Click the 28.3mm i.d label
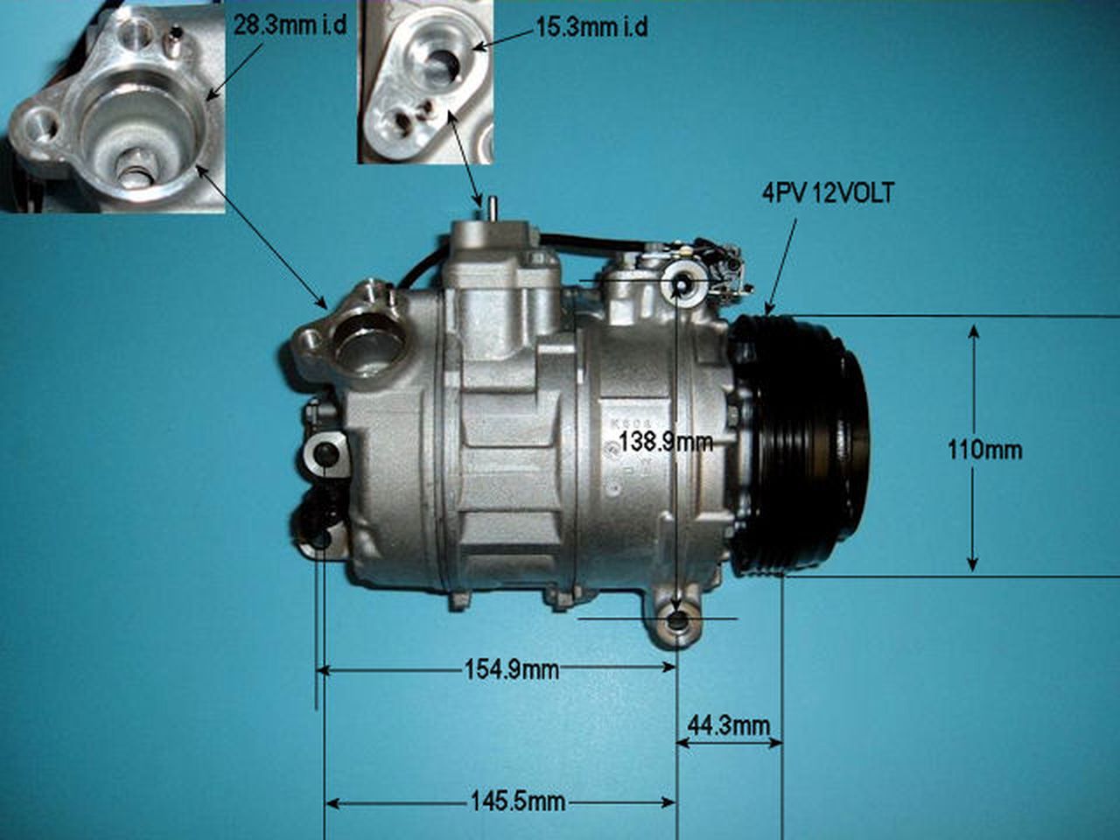tap(290, 24)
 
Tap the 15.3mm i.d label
tap(592, 27)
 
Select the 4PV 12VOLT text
tap(828, 193)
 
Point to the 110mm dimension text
tap(985, 450)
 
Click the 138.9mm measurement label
tap(666, 442)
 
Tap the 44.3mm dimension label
tap(729, 725)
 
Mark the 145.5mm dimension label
tap(518, 801)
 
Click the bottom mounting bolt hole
tap(678, 624)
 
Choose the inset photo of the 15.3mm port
tap(424, 82)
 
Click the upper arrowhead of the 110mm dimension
tap(974, 332)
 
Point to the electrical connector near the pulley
tap(726, 267)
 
